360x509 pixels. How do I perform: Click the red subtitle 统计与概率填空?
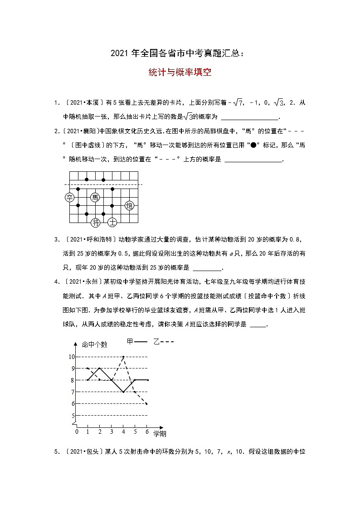(x=180, y=72)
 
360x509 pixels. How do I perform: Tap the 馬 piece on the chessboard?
(x=95, y=197)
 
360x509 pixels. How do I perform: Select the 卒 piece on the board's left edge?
(x=69, y=197)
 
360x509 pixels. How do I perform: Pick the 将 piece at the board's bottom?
(x=95, y=222)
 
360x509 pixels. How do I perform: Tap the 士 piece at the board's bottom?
(x=112, y=222)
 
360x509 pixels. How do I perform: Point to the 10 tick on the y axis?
(x=72, y=357)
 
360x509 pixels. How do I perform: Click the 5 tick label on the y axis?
(x=73, y=416)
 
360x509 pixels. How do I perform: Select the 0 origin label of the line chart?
(x=77, y=432)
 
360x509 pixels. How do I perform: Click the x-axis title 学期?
(x=160, y=434)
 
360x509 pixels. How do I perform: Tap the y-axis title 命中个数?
(x=94, y=344)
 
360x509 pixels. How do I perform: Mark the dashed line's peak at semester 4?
(x=123, y=357)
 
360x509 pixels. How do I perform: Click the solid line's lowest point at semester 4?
(x=123, y=392)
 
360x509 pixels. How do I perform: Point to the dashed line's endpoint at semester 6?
(x=147, y=403)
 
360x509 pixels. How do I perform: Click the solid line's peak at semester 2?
(x=100, y=368)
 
